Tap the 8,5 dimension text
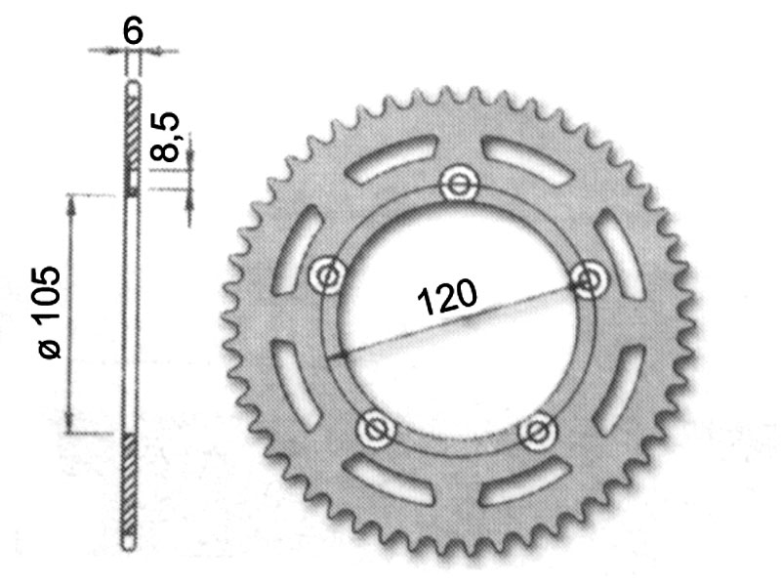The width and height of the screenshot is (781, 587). (x=167, y=137)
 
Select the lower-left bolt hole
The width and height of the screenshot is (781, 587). (x=375, y=428)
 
